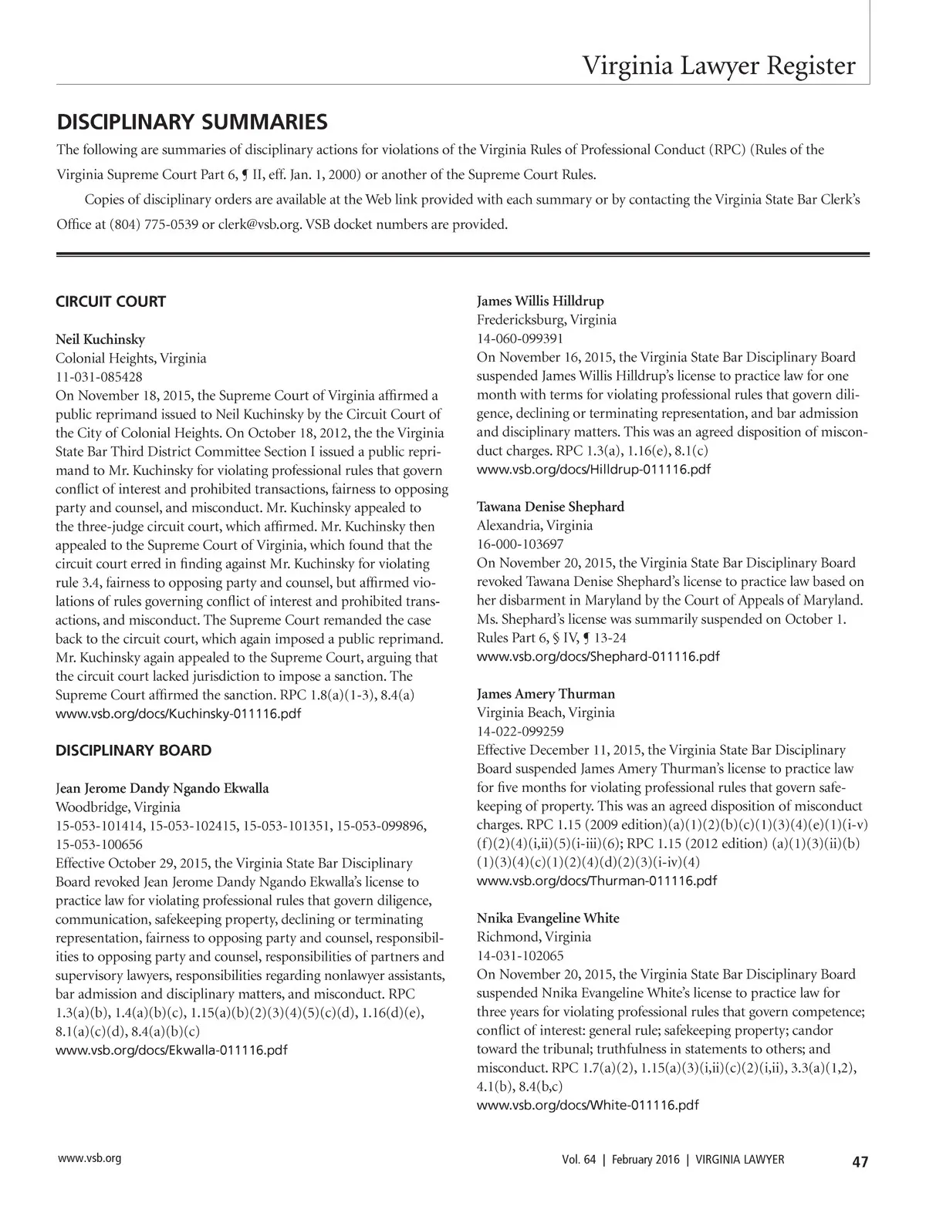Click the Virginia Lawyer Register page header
718,66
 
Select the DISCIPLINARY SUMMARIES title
192,122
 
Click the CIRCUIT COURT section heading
110,301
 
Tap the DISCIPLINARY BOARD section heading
133,750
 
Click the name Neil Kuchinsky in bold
100,339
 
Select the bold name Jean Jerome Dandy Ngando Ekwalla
162,788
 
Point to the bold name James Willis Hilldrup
540,301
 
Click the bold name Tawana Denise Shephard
550,507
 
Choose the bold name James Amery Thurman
546,693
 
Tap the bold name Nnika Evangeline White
548,918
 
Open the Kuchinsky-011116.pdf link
178,714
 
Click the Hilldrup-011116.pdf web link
594,470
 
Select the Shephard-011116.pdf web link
598,656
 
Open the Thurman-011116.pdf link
596,881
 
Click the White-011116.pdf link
588,1106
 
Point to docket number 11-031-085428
99,377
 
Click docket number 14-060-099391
520,339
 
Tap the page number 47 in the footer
860,1161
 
